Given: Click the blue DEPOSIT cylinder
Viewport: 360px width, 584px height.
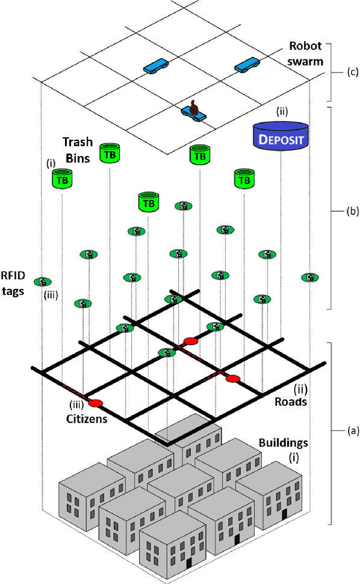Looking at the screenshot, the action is pos(281,136).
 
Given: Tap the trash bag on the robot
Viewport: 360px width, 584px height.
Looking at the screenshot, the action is pos(193,107).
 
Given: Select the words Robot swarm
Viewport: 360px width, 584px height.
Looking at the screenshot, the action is pos(306,54).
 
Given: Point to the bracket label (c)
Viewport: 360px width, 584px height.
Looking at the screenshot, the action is pos(353,72).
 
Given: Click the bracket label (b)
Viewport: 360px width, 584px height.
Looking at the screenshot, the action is pos(353,211).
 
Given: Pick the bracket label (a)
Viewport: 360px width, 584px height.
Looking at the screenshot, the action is pos(353,431).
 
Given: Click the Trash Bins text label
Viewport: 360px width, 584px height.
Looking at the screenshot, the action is pos(78,150).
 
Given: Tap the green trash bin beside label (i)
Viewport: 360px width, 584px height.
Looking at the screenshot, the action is pos(62,179).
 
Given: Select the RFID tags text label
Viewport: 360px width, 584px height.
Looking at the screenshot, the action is pos(13,283).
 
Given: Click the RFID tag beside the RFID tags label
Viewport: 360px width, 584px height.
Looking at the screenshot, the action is pos(42,282).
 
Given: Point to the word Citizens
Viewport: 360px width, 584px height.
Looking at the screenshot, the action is pos(87,419).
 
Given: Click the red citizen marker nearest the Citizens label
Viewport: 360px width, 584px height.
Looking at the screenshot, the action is pos(96,403).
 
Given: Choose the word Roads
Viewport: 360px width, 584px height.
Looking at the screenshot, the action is pos(291,402).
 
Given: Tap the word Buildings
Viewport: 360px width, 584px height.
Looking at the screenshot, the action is pos(284,443).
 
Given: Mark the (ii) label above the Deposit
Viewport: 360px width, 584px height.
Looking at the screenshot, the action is pos(282,112).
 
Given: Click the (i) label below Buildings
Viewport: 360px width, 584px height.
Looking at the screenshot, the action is pos(294,457).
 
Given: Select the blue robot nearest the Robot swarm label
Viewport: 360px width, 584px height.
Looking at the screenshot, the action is pos(247,65).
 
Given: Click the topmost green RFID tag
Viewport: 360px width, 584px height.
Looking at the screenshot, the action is pos(184,206).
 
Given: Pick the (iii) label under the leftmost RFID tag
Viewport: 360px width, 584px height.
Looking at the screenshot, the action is pos(51,296).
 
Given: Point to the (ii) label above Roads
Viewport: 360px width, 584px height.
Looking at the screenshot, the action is pos(301,390).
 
